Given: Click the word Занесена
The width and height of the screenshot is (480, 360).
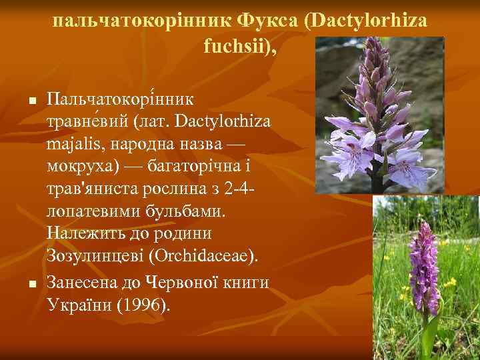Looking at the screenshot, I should click(x=82, y=283).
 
